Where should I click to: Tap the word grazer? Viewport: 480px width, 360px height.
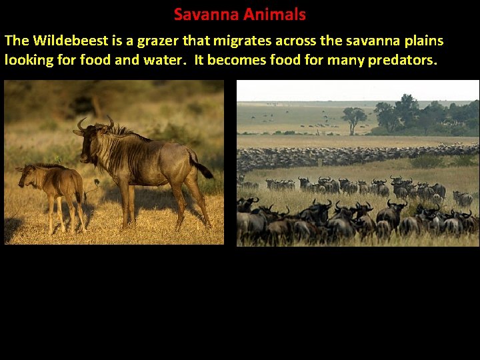[x=155, y=41]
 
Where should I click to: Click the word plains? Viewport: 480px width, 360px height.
[x=423, y=41]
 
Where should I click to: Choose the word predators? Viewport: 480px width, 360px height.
[x=403, y=60]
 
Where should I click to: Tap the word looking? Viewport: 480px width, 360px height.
[x=29, y=60]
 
